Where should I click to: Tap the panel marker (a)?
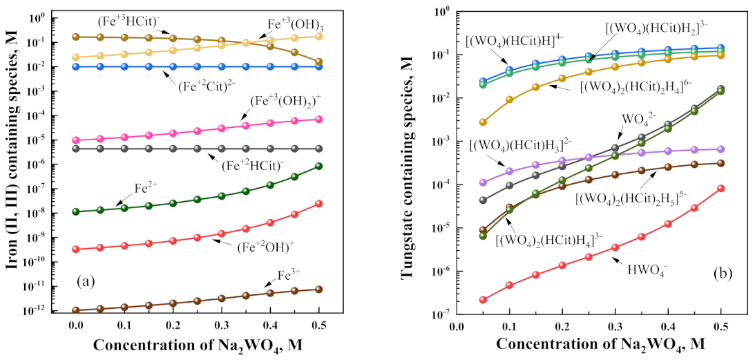pyautogui.click(x=91, y=282)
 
